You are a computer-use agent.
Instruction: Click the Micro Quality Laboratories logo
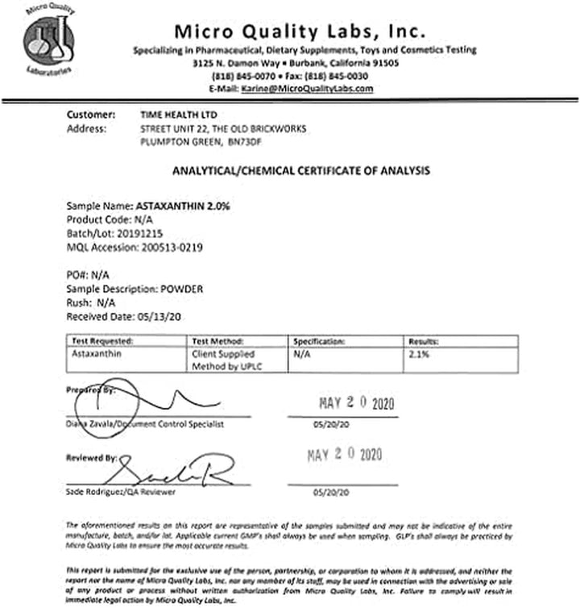click(x=48, y=43)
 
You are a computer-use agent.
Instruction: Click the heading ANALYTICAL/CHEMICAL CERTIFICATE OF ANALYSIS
click(x=301, y=171)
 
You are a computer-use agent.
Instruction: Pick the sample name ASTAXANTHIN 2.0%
click(x=183, y=206)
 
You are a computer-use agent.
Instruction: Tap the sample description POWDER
click(x=182, y=289)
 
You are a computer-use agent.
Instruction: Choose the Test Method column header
click(x=218, y=341)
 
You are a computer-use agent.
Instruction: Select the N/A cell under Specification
click(x=303, y=354)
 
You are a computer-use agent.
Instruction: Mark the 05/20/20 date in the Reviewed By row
click(x=332, y=492)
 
